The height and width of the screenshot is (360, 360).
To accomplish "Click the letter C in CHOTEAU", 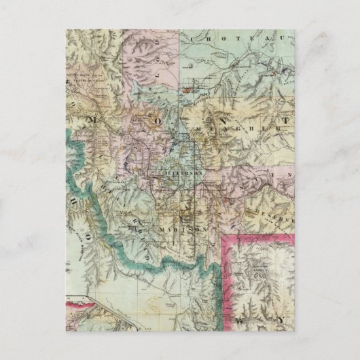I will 195,39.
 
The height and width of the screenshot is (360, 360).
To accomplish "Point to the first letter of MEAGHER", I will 197,127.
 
